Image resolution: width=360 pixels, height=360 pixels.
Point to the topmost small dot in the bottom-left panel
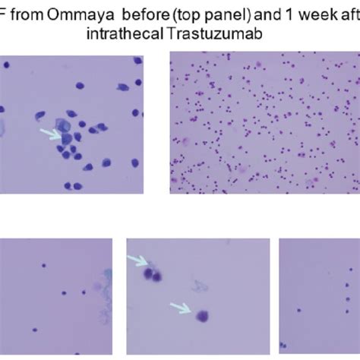pyautogui.click(x=46, y=266)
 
